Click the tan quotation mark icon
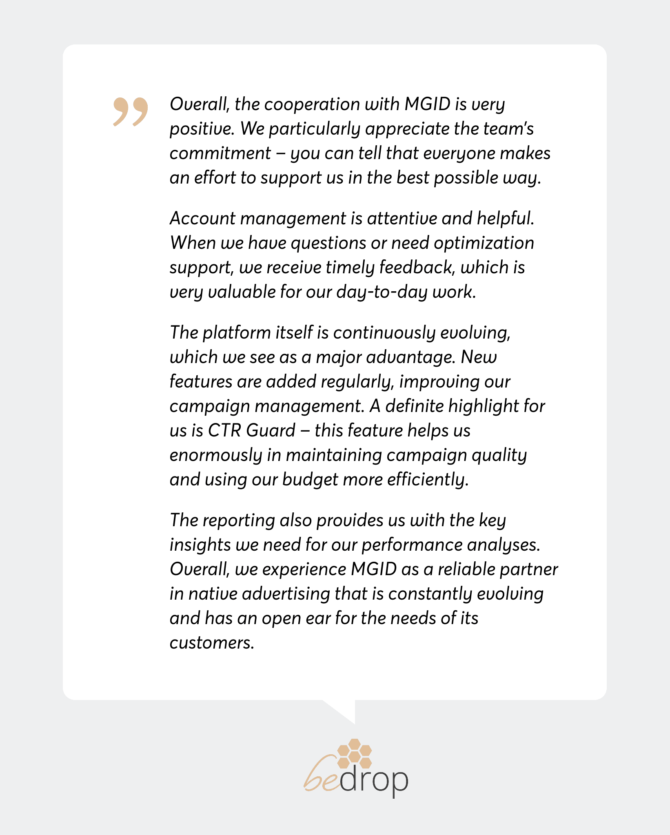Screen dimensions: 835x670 [x=131, y=111]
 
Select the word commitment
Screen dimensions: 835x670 [x=220, y=154]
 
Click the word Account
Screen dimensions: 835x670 [x=202, y=219]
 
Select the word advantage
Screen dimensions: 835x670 [x=410, y=357]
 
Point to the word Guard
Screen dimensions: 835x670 [x=271, y=431]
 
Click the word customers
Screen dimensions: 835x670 [x=211, y=643]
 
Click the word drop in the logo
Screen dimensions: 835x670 [x=374, y=781]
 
